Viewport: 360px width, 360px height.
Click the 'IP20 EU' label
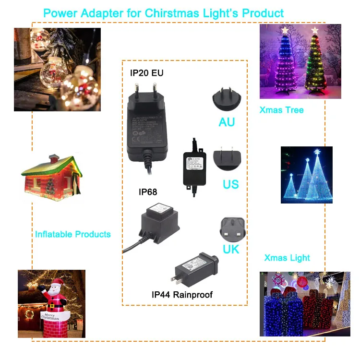(147, 73)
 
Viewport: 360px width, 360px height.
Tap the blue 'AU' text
(227, 122)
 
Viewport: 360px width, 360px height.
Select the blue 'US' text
(230, 184)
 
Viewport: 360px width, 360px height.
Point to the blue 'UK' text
(231, 249)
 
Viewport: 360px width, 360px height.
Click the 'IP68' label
(148, 192)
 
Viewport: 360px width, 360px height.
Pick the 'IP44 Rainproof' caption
(182, 294)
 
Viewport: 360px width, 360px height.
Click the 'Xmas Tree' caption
(281, 110)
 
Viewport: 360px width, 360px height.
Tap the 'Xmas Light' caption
(287, 258)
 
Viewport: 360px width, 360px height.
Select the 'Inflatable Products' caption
(73, 234)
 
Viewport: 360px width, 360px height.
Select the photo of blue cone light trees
(306, 175)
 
